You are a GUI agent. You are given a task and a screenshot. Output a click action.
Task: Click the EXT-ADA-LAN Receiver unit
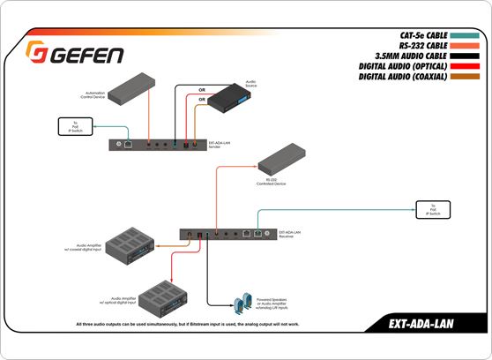click(x=226, y=234)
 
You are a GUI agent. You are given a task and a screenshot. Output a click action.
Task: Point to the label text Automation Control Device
click(x=95, y=94)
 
